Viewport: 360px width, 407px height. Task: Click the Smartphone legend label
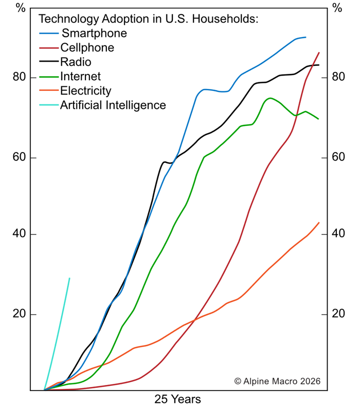coord(94,34)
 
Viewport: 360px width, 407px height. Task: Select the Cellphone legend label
coord(87,48)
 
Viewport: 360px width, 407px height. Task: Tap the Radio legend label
coord(76,62)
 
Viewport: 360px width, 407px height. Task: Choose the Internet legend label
coord(80,77)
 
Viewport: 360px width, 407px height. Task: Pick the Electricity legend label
coord(85,91)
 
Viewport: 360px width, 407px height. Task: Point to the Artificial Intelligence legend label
coord(113,105)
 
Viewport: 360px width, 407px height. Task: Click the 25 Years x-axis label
coord(178,399)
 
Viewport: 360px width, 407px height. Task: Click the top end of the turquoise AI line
coord(69,278)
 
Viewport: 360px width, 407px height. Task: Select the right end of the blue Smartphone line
coord(306,37)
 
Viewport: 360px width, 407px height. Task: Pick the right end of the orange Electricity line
coord(319,223)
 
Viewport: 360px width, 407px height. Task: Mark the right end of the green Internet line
coord(318,119)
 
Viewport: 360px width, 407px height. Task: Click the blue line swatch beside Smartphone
coord(49,34)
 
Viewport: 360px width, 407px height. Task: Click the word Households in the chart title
coord(228,20)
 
